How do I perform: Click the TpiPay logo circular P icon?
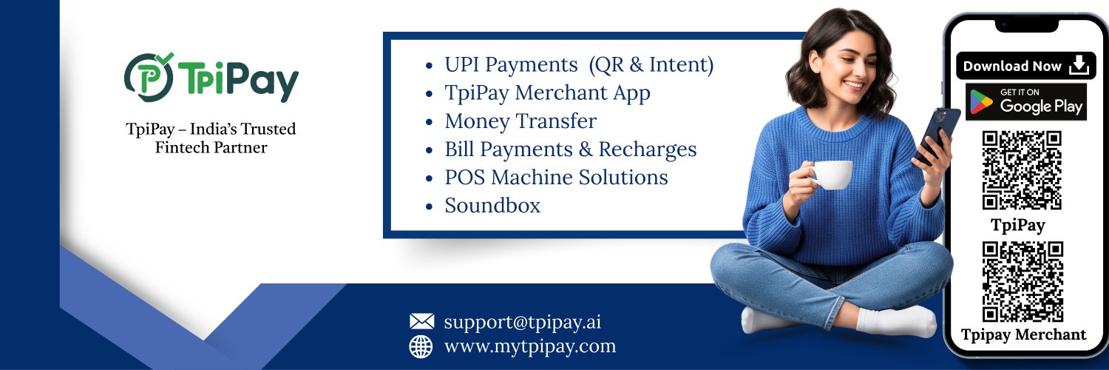click(x=149, y=77)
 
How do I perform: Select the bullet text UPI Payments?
click(x=511, y=65)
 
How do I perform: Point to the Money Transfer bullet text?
click(x=520, y=121)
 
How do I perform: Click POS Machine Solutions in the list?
click(x=556, y=178)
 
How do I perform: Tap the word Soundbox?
click(x=492, y=206)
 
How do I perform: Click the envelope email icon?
click(x=422, y=321)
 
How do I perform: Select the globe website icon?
click(x=421, y=347)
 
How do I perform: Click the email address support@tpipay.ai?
click(x=522, y=323)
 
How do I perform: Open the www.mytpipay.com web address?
click(x=530, y=347)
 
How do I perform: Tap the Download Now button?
click(x=1026, y=66)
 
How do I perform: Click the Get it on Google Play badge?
click(x=1026, y=101)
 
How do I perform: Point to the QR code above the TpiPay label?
click(x=1022, y=170)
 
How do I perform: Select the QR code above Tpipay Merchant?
click(x=1022, y=282)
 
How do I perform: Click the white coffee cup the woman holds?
click(x=832, y=175)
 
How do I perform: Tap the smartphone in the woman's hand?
click(x=936, y=135)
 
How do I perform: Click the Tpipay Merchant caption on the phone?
click(x=1023, y=335)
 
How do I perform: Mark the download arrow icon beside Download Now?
click(x=1079, y=65)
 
